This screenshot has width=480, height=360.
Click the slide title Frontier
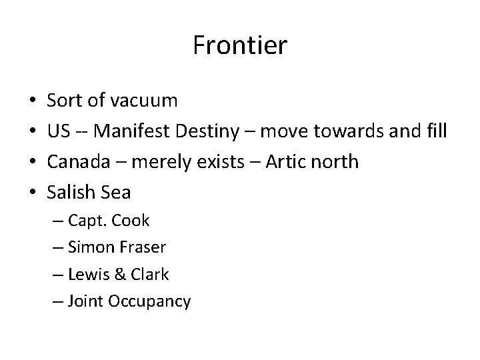[x=240, y=45]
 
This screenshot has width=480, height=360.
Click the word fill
[x=435, y=131]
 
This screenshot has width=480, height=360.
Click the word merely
[x=151, y=162]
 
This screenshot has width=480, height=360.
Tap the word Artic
[x=287, y=162]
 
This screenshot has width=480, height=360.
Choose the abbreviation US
[x=58, y=131]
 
